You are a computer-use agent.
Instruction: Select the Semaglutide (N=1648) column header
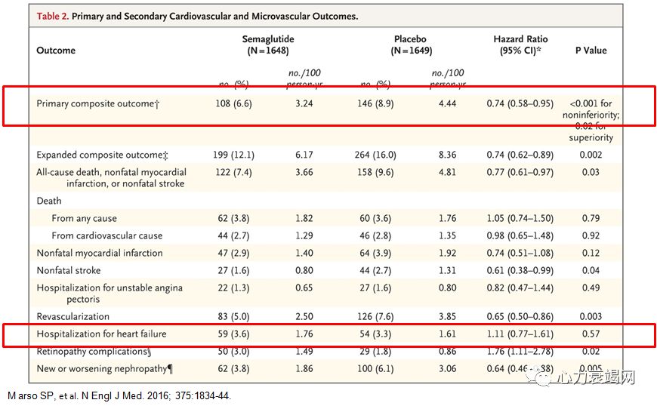coord(267,45)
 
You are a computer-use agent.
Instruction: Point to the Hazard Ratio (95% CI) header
coord(520,45)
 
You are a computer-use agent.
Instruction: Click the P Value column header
coord(591,51)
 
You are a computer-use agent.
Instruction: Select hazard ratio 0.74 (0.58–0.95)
coord(520,103)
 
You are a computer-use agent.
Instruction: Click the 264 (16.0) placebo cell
coord(378,155)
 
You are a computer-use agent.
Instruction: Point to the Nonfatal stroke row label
coord(69,270)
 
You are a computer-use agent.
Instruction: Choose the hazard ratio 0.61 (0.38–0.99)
coord(520,270)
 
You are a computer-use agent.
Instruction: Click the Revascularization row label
coord(73,316)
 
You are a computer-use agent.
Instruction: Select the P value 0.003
coord(592,316)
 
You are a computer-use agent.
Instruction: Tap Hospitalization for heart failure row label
coord(101,334)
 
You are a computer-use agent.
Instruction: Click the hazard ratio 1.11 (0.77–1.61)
coord(520,334)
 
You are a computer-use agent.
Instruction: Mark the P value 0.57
coord(592,334)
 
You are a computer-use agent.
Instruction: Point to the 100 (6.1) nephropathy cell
coord(378,368)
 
